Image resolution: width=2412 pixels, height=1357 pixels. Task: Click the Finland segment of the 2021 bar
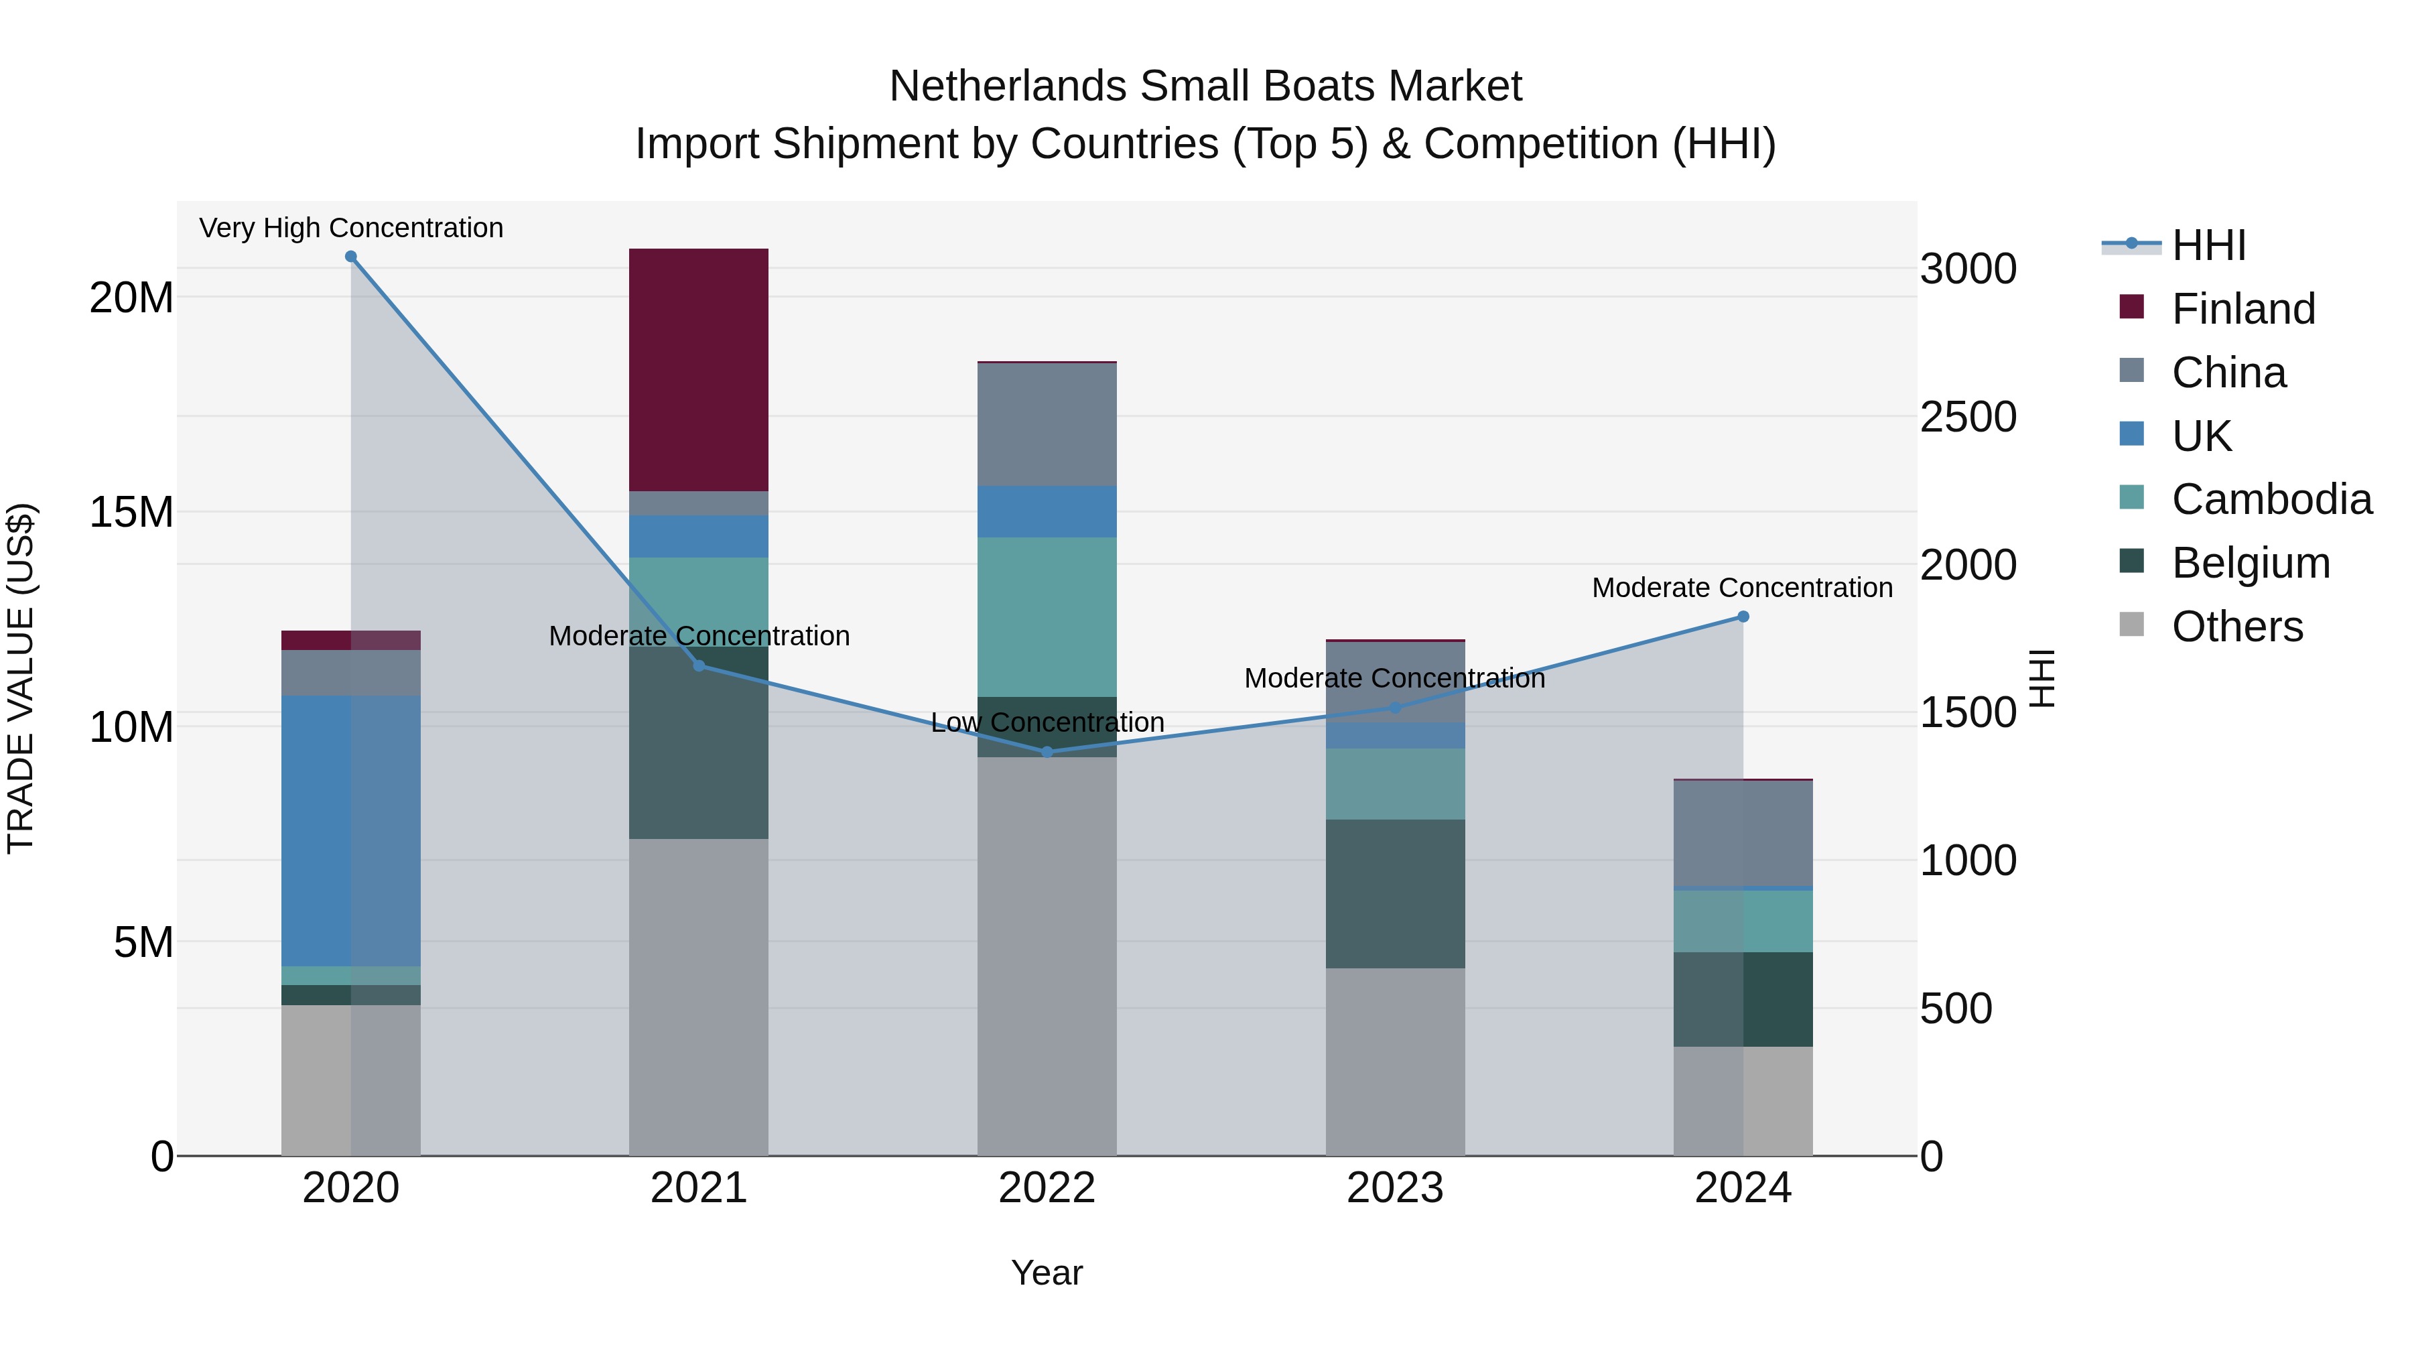click(x=699, y=369)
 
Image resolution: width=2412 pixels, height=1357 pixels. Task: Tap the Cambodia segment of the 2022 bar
click(x=1047, y=617)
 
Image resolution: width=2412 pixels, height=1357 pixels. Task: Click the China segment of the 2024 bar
click(x=1743, y=832)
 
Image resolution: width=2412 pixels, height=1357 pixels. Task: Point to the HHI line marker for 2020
click(x=351, y=257)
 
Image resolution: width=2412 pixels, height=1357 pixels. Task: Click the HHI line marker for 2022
click(x=1047, y=752)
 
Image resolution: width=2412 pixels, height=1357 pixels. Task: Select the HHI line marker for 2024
click(x=1743, y=617)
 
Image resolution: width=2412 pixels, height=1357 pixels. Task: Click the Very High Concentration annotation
click(x=351, y=228)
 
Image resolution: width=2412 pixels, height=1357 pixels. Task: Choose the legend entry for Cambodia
click(x=2271, y=499)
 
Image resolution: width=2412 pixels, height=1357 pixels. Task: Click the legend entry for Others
click(x=2237, y=627)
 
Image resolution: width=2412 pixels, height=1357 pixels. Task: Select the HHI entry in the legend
click(x=2208, y=245)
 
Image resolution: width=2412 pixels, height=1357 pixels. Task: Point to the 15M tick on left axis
click(x=131, y=512)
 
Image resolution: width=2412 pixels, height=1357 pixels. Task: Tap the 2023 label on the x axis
click(x=1395, y=1188)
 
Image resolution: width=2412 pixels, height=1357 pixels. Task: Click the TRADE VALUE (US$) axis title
click(x=21, y=678)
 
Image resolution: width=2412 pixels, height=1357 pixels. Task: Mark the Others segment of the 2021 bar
click(x=699, y=996)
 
